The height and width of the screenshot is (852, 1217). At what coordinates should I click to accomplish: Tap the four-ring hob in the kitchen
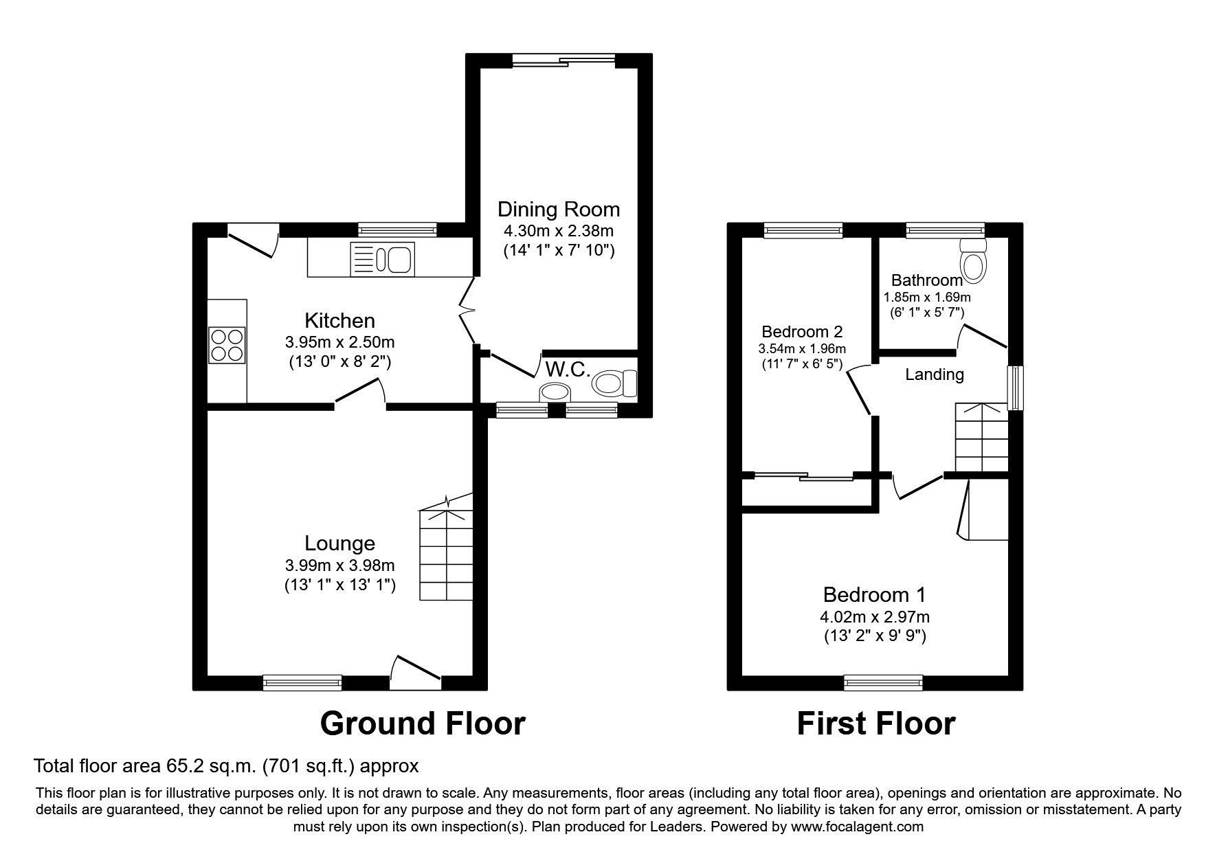click(227, 345)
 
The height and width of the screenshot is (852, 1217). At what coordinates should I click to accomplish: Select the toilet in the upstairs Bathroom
click(972, 260)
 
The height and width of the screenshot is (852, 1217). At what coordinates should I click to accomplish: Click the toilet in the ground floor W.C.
click(615, 383)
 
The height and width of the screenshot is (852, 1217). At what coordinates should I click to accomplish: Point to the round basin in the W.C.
click(556, 392)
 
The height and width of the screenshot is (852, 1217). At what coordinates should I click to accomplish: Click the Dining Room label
click(559, 209)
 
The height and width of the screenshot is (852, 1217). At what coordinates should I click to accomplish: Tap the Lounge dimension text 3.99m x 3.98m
click(340, 565)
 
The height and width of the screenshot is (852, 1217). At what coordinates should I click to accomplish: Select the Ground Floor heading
click(423, 723)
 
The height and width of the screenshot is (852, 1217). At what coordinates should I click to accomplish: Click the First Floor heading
click(875, 723)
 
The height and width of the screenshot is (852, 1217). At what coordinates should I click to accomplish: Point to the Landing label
click(935, 374)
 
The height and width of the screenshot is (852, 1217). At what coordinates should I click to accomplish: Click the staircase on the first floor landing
click(981, 437)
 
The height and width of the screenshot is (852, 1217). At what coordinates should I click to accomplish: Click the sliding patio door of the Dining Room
click(563, 61)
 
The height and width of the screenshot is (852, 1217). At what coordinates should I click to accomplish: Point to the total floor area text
click(226, 765)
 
